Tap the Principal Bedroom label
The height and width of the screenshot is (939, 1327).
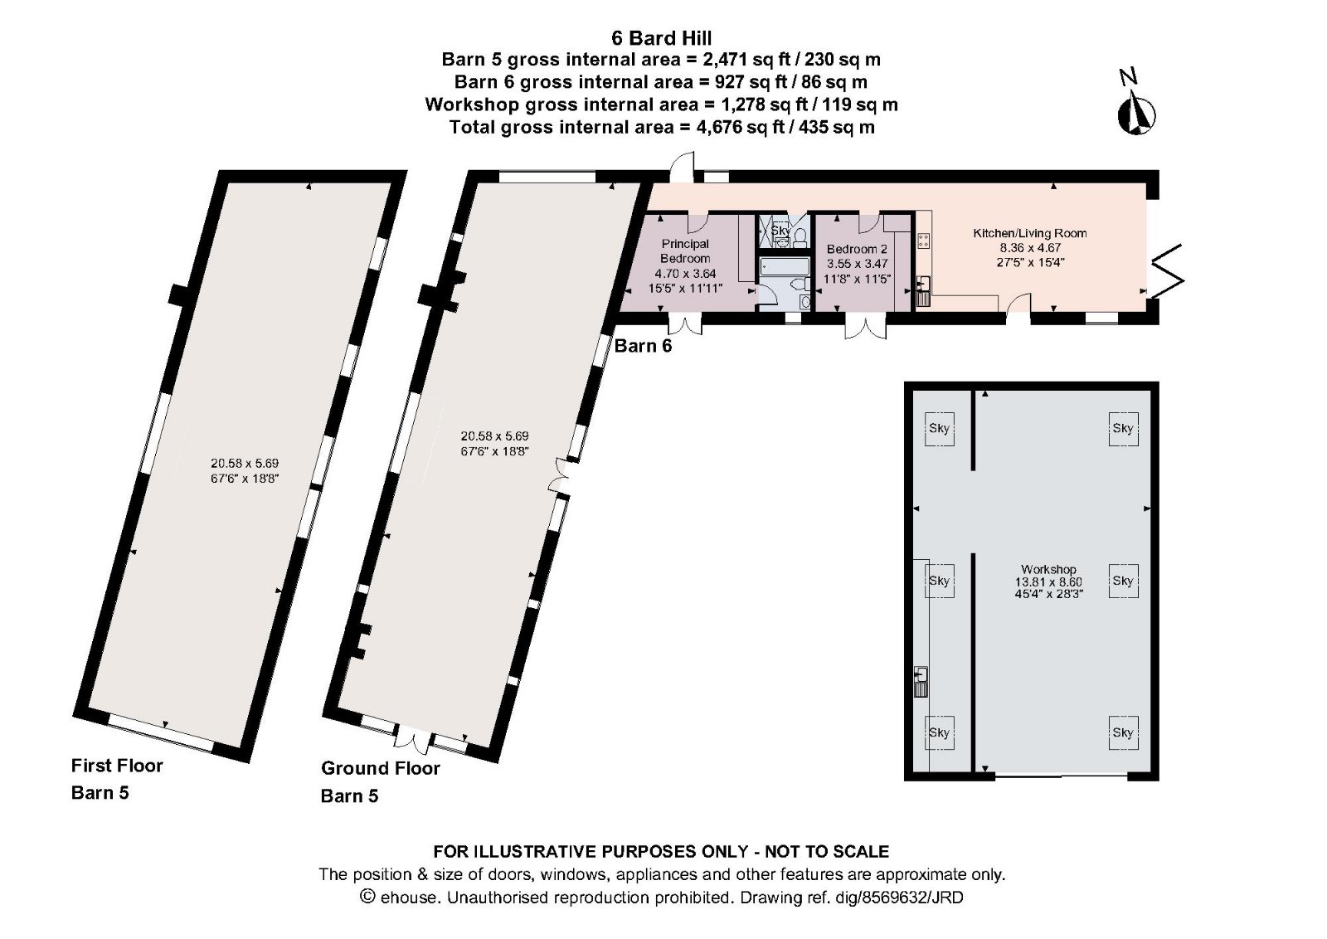tap(685, 251)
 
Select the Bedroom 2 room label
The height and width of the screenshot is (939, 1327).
tap(857, 249)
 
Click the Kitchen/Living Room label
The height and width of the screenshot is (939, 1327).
tap(1029, 234)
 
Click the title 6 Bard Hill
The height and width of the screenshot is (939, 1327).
tap(661, 37)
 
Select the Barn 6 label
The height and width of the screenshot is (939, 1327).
tap(643, 347)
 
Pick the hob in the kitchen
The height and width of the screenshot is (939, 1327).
tap(924, 241)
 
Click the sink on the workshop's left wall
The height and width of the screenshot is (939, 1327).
tap(921, 681)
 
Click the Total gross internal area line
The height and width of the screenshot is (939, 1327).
tap(661, 127)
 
